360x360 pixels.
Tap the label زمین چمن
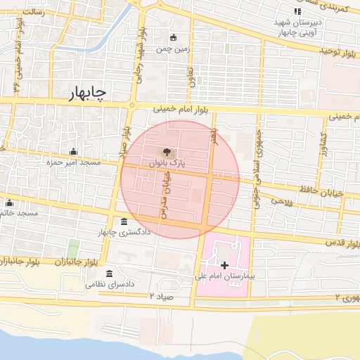pyautogui.click(x=173, y=49)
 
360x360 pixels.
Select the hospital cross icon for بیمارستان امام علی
pyautogui.click(x=224, y=265)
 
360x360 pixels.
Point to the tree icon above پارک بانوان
pyautogui.click(x=167, y=150)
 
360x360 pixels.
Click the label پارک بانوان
pyautogui.click(x=167, y=162)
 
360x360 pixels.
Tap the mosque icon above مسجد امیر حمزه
pyautogui.click(x=74, y=151)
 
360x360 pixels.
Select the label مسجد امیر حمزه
pyautogui.click(x=74, y=162)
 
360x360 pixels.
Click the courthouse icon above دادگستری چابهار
pyautogui.click(x=124, y=221)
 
